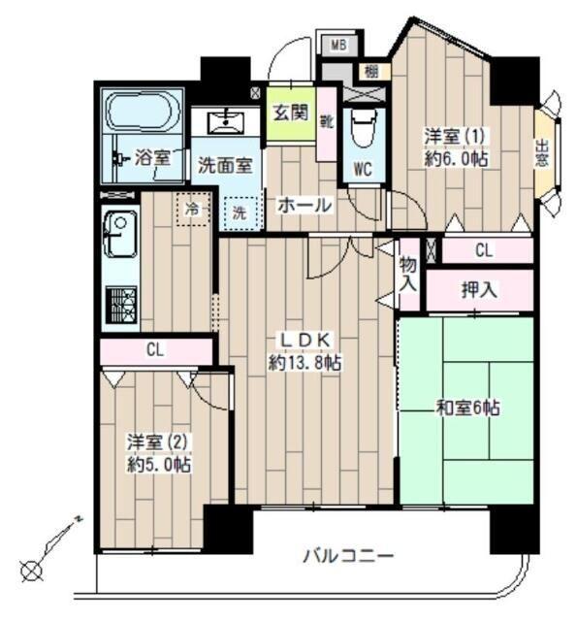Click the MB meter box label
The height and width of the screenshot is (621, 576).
(338, 44)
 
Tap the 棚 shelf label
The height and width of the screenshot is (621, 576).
(370, 71)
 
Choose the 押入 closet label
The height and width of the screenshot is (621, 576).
(478, 288)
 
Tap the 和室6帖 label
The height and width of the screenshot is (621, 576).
(466, 409)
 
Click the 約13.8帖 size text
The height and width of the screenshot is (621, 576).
(304, 361)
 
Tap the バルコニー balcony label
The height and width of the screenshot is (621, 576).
(348, 556)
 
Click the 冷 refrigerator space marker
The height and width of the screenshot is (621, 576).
(191, 208)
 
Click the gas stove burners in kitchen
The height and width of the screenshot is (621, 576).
(122, 307)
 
